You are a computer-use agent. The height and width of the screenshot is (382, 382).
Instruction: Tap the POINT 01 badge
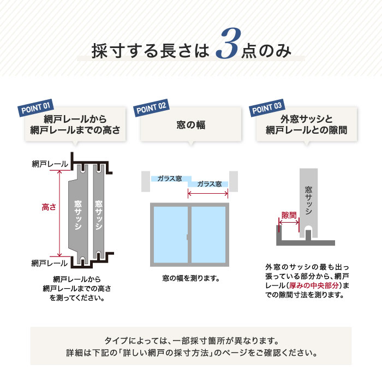[x=36, y=106]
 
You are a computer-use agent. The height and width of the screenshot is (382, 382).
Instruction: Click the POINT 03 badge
[x=267, y=106]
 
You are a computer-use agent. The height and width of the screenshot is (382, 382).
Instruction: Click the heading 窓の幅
[x=190, y=124]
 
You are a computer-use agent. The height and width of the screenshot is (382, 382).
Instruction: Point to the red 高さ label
[x=50, y=207]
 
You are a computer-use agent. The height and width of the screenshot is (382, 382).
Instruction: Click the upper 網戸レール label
[x=50, y=164]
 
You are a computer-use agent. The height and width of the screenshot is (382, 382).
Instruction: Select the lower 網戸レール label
[x=50, y=263]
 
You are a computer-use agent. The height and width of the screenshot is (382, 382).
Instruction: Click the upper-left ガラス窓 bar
[x=170, y=178]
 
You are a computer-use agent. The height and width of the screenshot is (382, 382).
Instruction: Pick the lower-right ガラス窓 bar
[x=208, y=184]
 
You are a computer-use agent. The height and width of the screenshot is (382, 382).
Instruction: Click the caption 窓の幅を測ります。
[x=190, y=278]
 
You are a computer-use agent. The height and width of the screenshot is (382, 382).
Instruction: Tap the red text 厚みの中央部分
[x=315, y=285]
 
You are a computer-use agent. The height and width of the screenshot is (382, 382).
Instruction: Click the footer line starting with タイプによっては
[x=191, y=339]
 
